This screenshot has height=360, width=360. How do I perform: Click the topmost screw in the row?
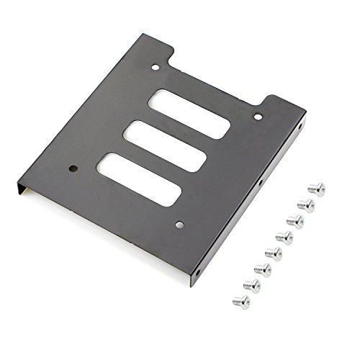[x=316, y=189]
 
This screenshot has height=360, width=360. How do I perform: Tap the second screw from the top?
[x=306, y=204]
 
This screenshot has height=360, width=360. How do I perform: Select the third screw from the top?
[x=295, y=220]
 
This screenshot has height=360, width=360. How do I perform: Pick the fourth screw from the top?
[x=285, y=236]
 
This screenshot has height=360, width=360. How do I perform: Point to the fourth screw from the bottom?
[x=274, y=253]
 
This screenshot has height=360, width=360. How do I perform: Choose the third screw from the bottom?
[x=263, y=269]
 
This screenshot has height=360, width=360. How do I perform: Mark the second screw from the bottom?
[x=252, y=285]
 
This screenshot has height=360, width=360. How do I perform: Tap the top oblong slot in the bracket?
[x=189, y=112]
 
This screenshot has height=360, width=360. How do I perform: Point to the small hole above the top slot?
[x=156, y=69]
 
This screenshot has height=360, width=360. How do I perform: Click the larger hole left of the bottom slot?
[x=73, y=170]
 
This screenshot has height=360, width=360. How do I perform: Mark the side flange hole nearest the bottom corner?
[x=198, y=274]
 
